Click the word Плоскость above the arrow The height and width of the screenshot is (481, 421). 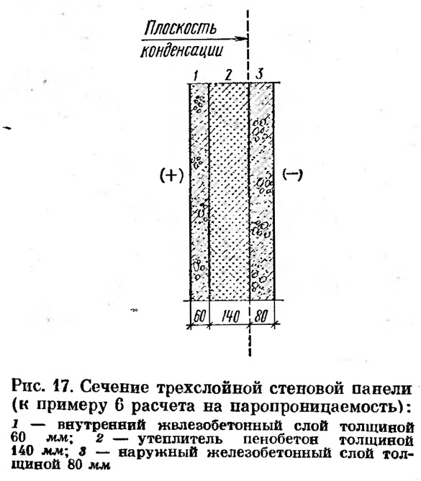[x=180, y=27]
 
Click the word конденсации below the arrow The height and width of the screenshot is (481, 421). [x=181, y=51]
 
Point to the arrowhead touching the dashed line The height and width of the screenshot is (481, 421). [x=242, y=39]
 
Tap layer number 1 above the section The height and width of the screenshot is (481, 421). [x=196, y=75]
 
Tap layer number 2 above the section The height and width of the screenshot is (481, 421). [x=228, y=75]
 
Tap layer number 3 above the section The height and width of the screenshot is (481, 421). [x=260, y=74]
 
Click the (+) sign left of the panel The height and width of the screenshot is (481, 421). [x=172, y=175]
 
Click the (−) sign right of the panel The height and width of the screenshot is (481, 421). [x=292, y=175]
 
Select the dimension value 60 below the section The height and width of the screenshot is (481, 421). [x=199, y=316]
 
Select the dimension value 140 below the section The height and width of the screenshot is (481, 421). [x=230, y=316]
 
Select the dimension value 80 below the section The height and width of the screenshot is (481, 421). [x=261, y=316]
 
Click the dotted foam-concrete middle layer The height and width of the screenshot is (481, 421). [x=229, y=191]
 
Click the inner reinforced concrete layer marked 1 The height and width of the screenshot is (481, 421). [x=199, y=191]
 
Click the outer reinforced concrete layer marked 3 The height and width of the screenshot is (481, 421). [x=262, y=191]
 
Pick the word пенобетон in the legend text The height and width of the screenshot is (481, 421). [x=281, y=439]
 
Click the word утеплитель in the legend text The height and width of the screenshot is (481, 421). [x=180, y=440]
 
